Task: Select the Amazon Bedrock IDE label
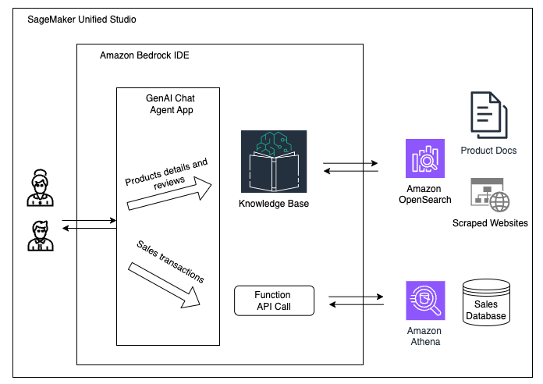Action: [x=144, y=56]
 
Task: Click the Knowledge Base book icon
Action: [x=268, y=161]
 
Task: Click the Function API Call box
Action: [x=273, y=300]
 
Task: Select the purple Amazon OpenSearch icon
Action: [x=424, y=158]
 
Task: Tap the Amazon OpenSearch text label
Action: [x=424, y=194]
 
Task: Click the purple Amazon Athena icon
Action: [x=424, y=300]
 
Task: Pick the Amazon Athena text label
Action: [x=424, y=336]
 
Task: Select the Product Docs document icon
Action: [x=488, y=116]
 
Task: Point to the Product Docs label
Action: [x=488, y=150]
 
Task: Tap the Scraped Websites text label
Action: [x=490, y=223]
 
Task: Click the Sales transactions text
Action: [x=171, y=261]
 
